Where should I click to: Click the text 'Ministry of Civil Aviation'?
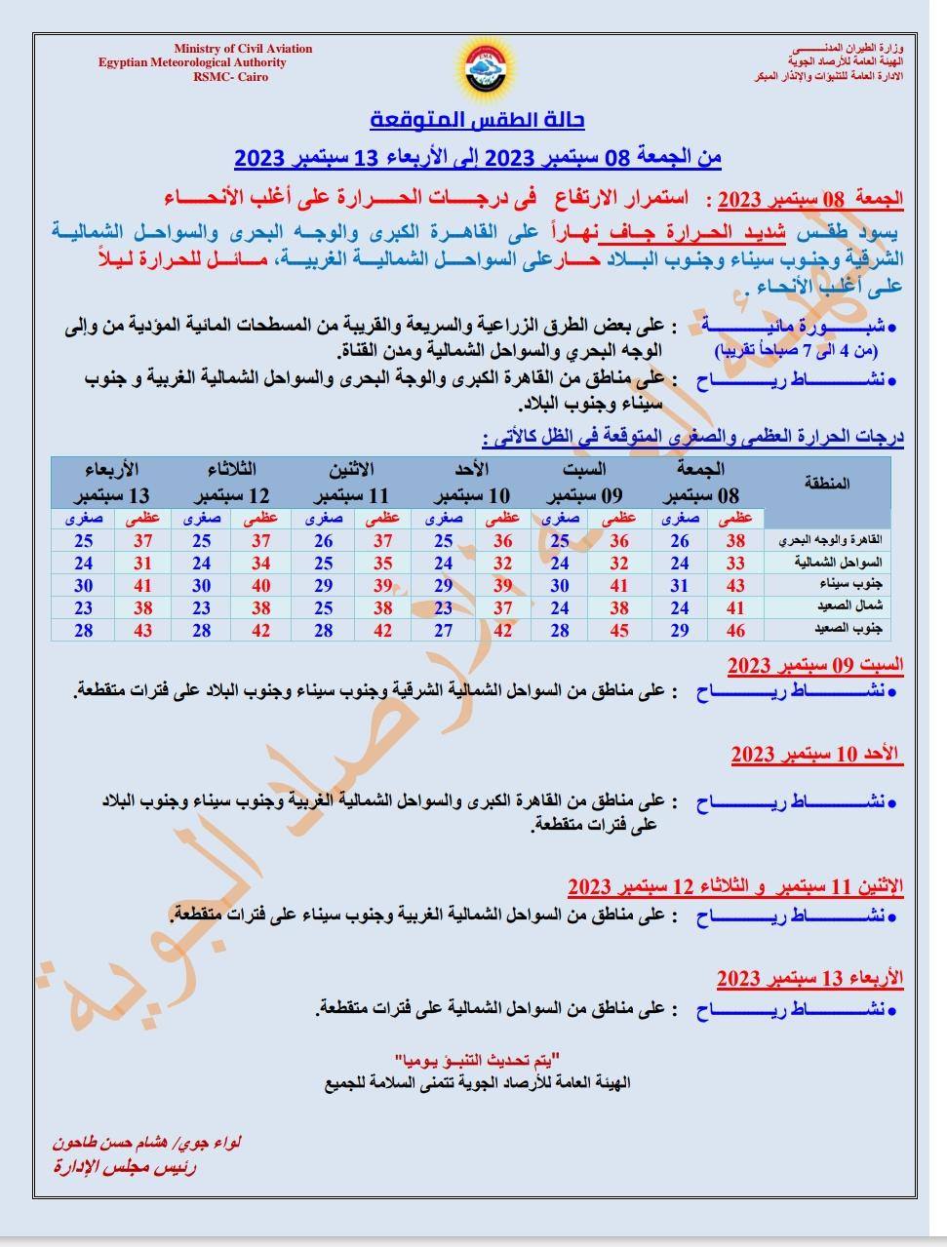pyautogui.click(x=244, y=49)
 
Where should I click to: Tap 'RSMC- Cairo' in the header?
pyautogui.click(x=230, y=77)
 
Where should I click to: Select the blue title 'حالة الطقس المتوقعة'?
pyautogui.click(x=478, y=121)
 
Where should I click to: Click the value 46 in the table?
pyautogui.click(x=735, y=630)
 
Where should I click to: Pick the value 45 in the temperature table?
pyautogui.click(x=618, y=630)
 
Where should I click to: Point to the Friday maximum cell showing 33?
pyautogui.click(x=735, y=563)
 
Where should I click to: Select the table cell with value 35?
pyautogui.click(x=382, y=563)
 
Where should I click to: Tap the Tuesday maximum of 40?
pyautogui.click(x=260, y=585)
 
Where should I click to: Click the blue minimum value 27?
pyautogui.click(x=443, y=630)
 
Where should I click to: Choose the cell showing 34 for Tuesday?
pyautogui.click(x=260, y=563)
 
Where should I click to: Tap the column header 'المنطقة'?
pyautogui.click(x=828, y=483)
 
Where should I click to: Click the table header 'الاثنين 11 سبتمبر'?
pyautogui.click(x=353, y=482)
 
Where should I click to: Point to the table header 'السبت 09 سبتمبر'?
pyautogui.click(x=589, y=482)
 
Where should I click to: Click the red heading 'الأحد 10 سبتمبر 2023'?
pyautogui.click(x=816, y=755)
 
